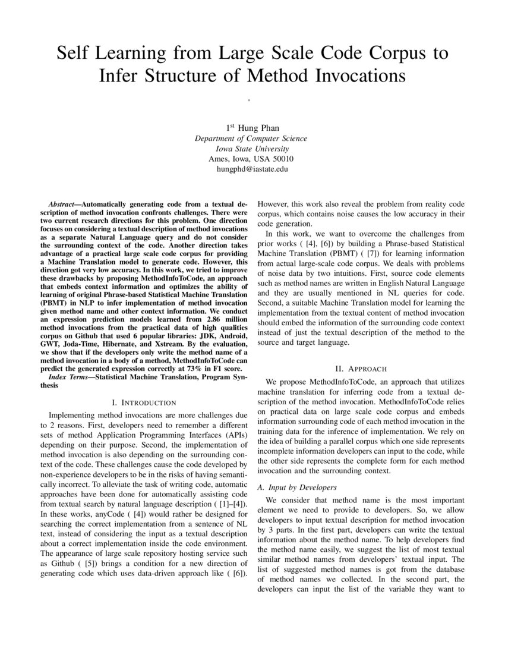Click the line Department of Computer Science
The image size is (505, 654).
[251, 139]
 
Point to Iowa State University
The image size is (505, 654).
[251, 149]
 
